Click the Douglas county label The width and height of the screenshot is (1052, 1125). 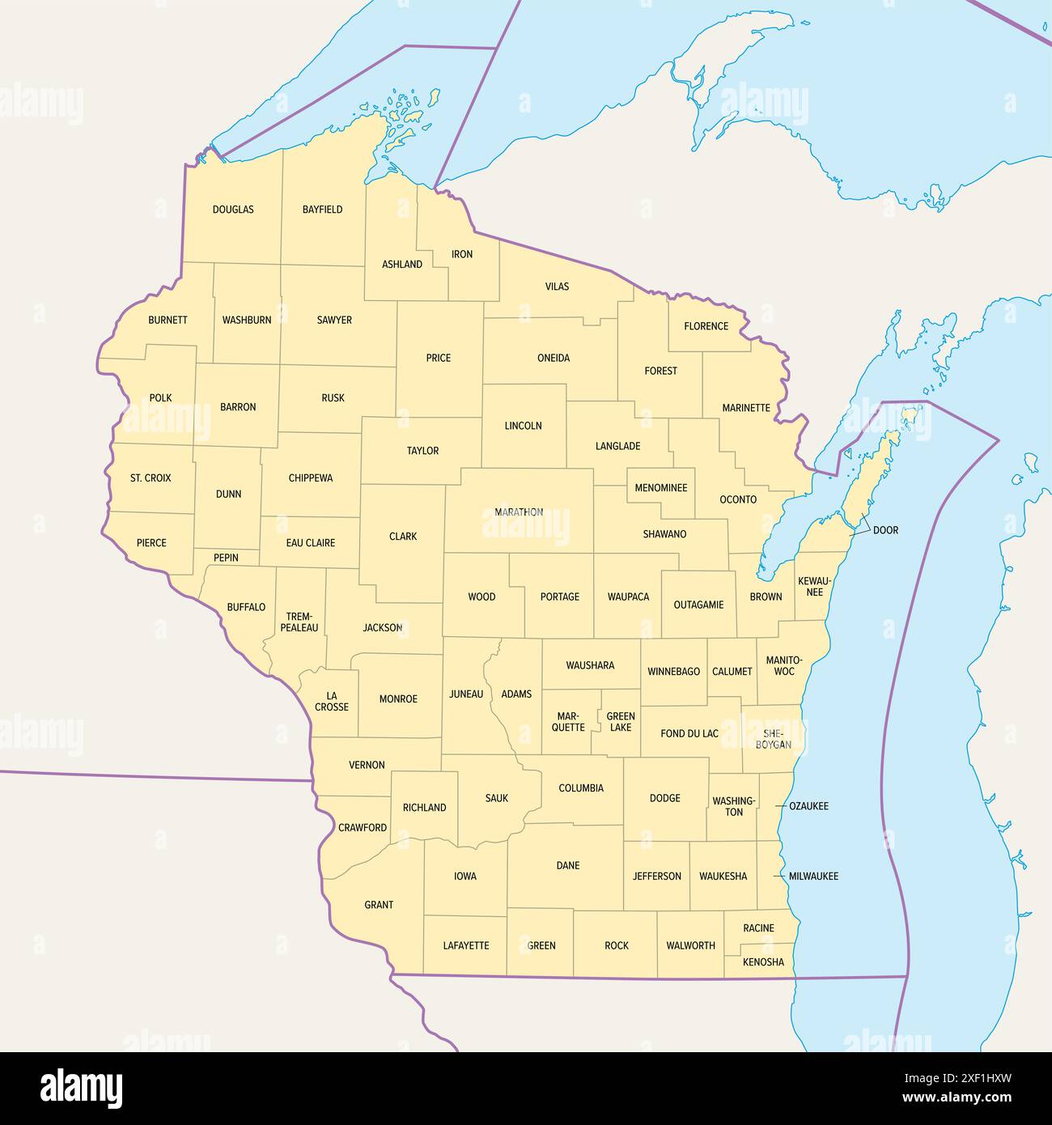pos(233,210)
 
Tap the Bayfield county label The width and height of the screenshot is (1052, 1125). pos(322,210)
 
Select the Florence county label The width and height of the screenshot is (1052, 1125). pos(706,326)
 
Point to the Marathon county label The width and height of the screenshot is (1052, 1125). pos(519,512)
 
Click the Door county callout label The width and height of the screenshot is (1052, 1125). pos(885,530)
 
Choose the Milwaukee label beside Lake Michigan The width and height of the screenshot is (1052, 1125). pos(813,877)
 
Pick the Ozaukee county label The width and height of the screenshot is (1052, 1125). pos(808,806)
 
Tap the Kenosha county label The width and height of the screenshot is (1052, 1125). pos(763,962)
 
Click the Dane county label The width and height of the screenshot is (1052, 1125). pos(568,865)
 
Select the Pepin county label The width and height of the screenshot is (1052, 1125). pos(226,558)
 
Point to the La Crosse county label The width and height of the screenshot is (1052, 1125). pos(332,701)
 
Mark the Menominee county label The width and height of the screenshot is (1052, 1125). pos(661,488)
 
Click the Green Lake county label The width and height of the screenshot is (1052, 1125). pos(621,722)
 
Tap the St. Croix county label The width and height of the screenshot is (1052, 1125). pos(151,478)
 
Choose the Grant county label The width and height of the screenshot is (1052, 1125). pos(379,905)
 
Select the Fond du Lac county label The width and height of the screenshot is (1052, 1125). pos(689,734)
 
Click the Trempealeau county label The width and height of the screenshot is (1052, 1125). pos(299,622)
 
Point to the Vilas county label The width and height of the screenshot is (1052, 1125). pos(557,287)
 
